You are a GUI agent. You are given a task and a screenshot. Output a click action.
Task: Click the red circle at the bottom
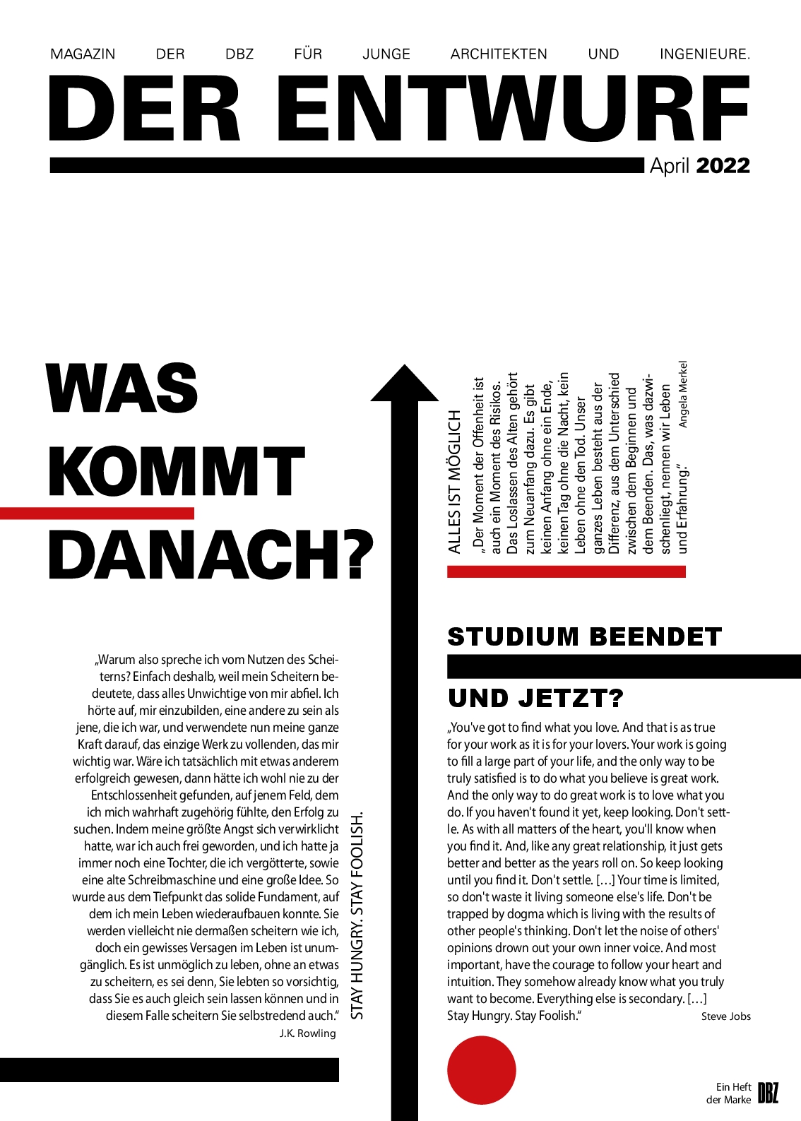pos(482,1070)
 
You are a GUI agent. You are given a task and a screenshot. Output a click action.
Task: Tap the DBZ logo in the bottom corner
pos(768,1093)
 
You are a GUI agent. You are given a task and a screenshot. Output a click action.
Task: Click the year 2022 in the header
pos(723,166)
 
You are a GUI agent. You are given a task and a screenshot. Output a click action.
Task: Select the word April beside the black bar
pos(669,166)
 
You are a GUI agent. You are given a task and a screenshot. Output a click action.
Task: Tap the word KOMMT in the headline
pos(176,471)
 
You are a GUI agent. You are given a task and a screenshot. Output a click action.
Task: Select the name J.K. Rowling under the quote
pos(307,1033)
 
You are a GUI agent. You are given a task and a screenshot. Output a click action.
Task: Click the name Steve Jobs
pos(725,1016)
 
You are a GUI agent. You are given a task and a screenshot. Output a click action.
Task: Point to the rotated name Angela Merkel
pos(682,394)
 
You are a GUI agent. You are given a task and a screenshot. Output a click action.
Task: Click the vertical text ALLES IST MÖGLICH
pos(455,481)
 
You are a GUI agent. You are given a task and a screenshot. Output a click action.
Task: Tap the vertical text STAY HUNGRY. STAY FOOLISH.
pos(357,915)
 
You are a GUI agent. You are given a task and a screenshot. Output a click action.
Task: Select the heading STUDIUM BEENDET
pos(584,636)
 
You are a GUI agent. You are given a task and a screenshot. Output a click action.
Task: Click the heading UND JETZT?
pos(535,699)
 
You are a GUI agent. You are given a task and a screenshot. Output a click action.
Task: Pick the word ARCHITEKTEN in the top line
pos(499,54)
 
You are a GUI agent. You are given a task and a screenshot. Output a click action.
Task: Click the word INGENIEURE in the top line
pos(704,54)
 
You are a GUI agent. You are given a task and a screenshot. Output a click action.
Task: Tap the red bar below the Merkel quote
pos(566,571)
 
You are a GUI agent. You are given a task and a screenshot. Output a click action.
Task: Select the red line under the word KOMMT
pos(97,514)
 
